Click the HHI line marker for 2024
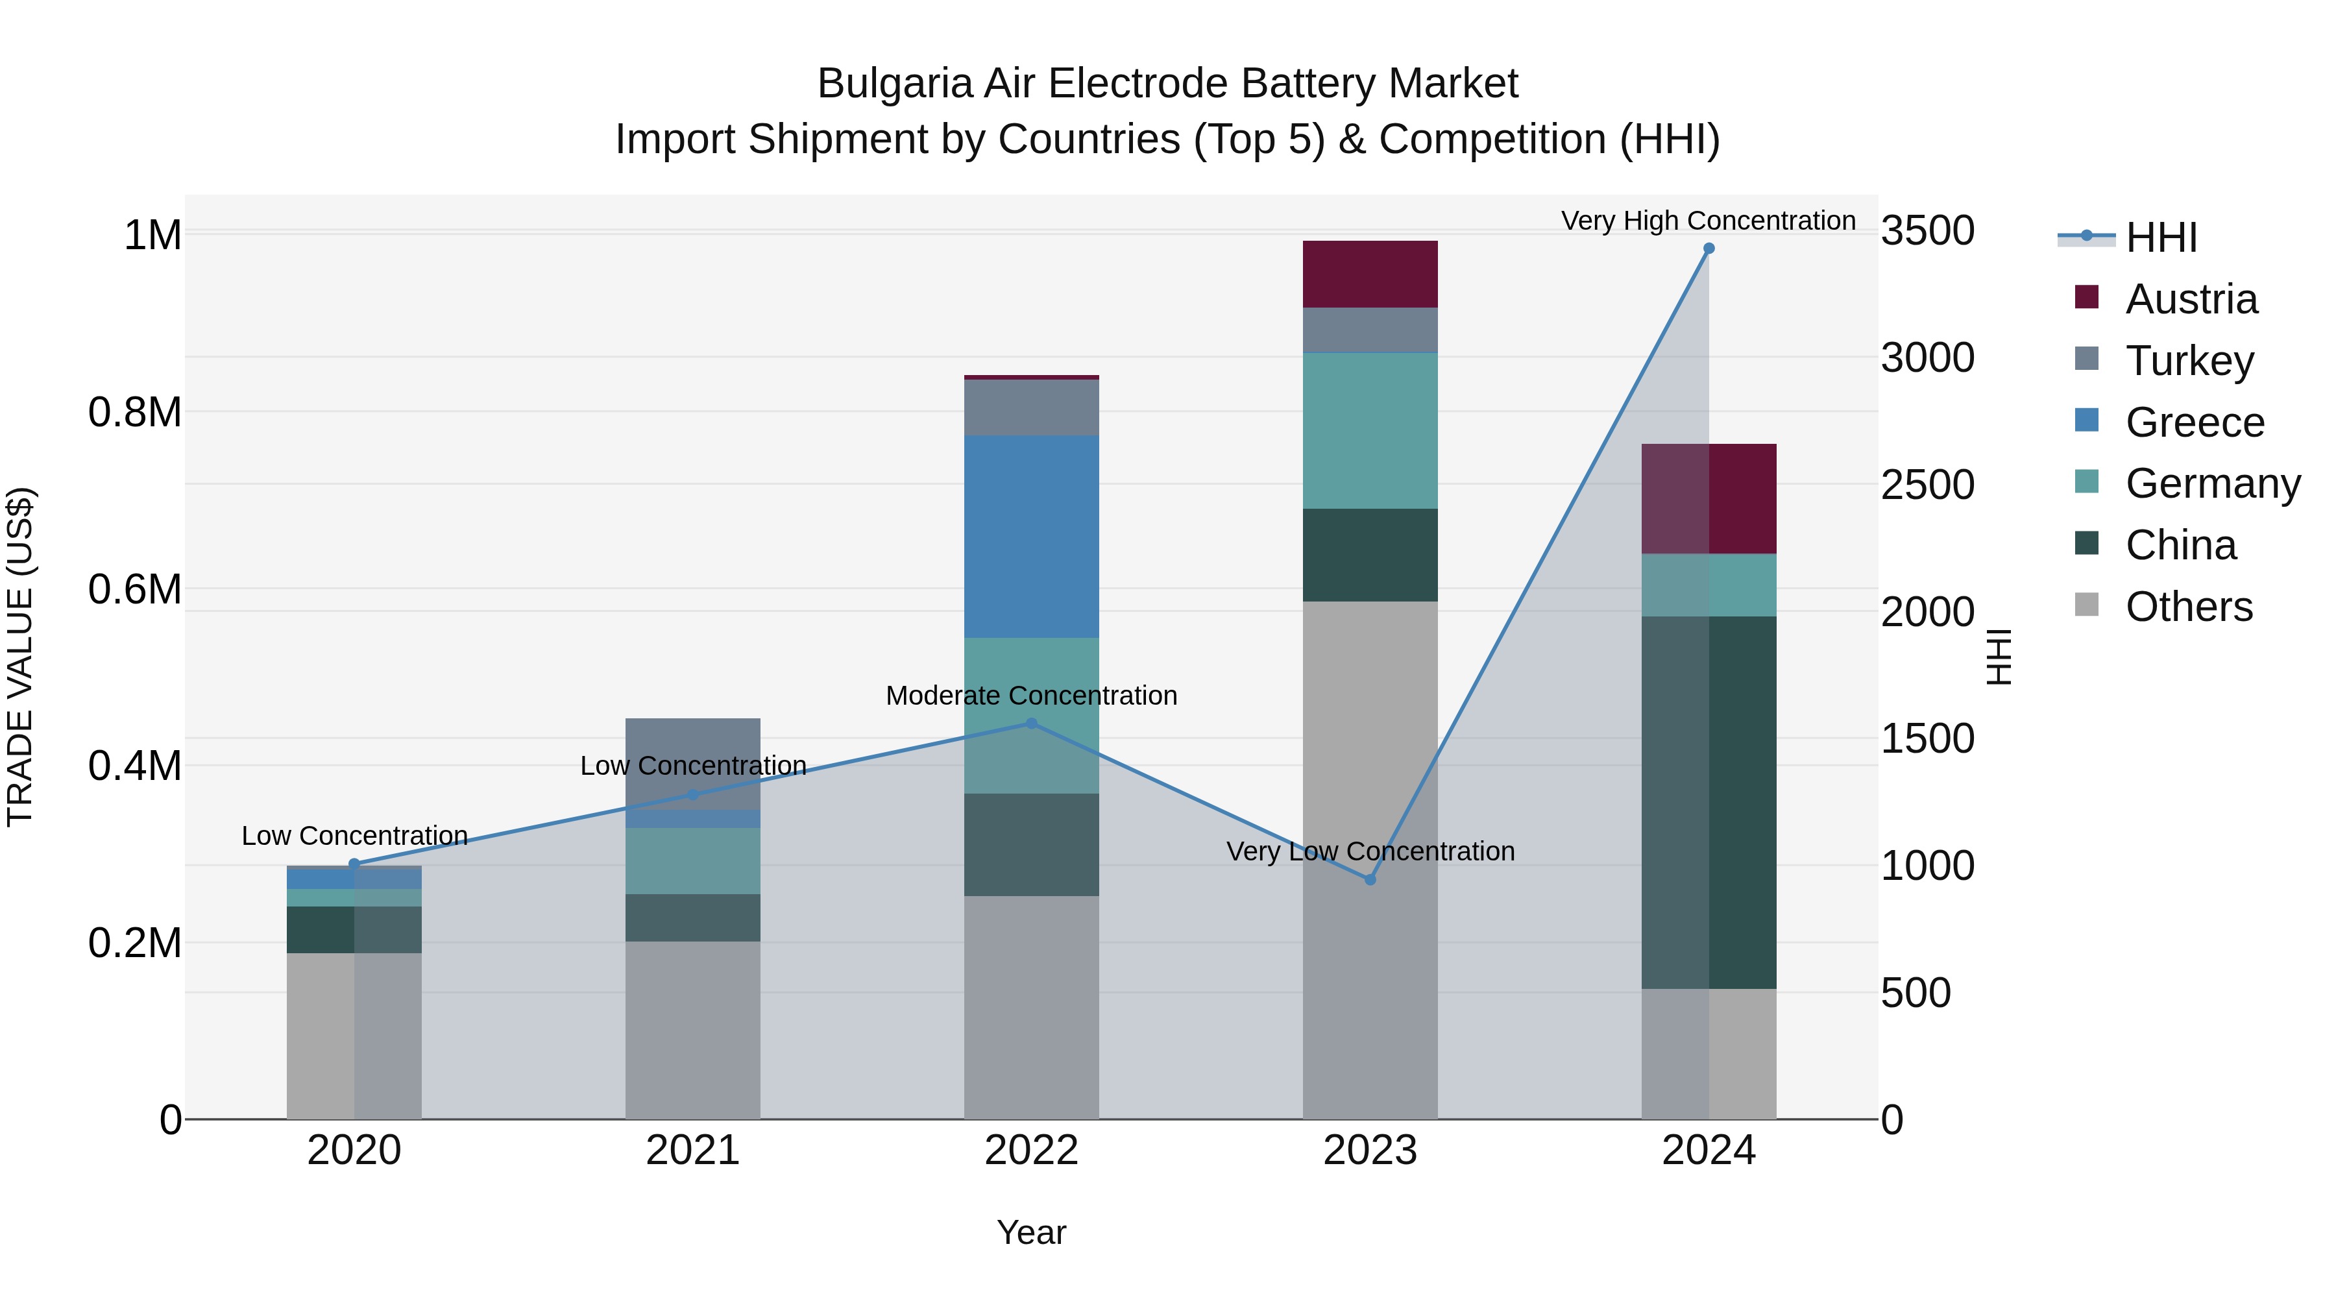(x=1709, y=249)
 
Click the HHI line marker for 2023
(x=1370, y=880)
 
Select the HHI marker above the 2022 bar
(x=1031, y=724)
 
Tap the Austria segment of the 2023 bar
(x=1370, y=274)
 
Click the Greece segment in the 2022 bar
(x=1031, y=536)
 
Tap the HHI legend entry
(x=2160, y=237)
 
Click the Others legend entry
(x=2187, y=607)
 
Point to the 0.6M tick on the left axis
(x=134, y=589)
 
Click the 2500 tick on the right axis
(x=1927, y=484)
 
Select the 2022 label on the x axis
(x=1031, y=1150)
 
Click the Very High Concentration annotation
(x=1708, y=221)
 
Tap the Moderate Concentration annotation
(x=1031, y=696)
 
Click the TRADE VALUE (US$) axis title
(x=20, y=657)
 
